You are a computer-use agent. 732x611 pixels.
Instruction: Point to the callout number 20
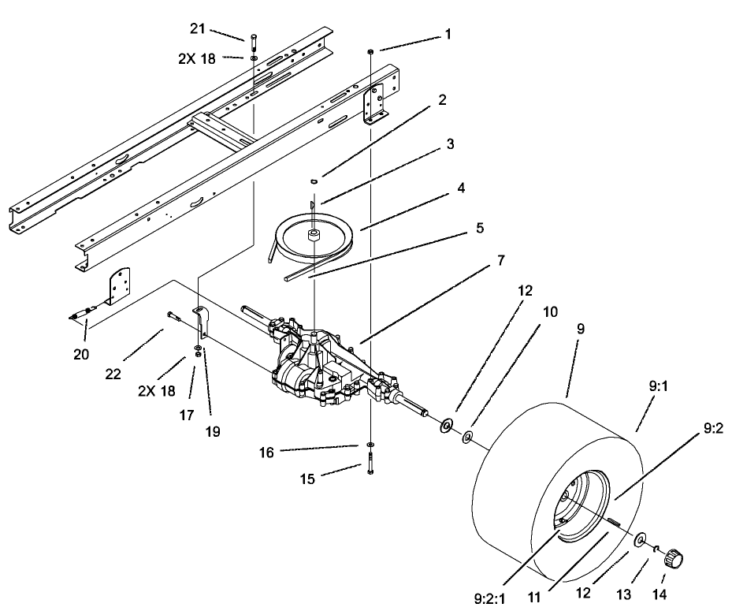click(x=81, y=354)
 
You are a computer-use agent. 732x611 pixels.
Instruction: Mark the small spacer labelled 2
click(x=314, y=181)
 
